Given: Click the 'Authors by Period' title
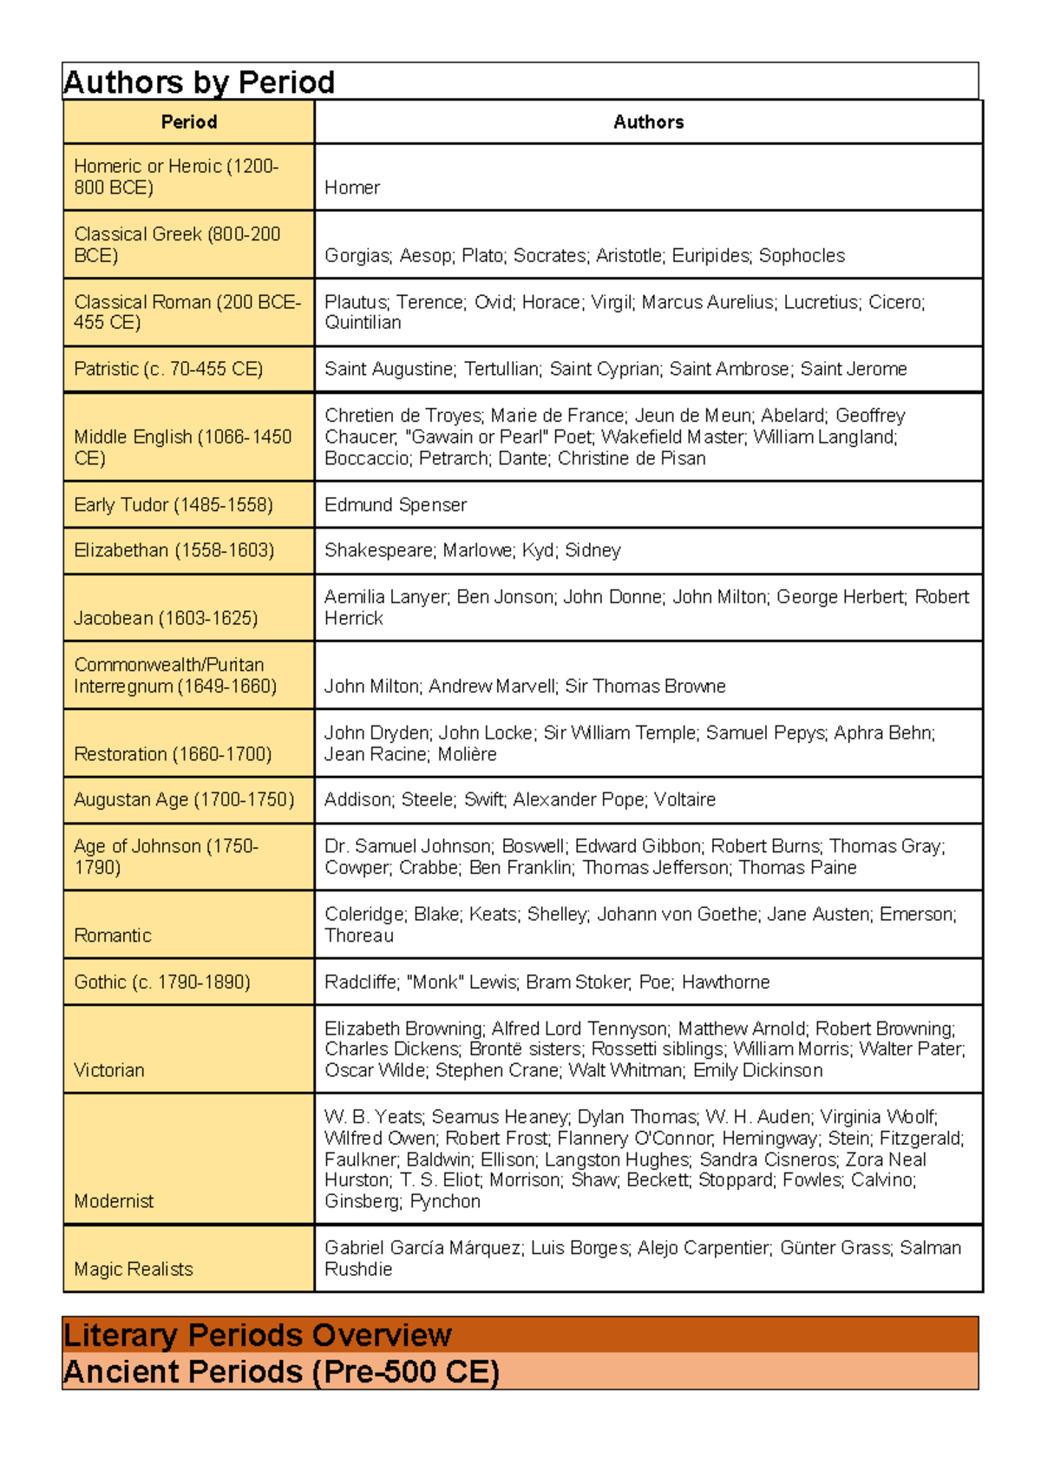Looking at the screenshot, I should [199, 82].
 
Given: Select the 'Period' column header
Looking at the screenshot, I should [188, 122].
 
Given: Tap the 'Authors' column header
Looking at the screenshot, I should [648, 122].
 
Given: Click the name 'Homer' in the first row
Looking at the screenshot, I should [352, 187].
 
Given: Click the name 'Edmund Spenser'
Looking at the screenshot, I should [396, 505].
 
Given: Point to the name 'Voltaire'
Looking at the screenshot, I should [684, 799].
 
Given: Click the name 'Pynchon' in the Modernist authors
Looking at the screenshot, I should [445, 1201].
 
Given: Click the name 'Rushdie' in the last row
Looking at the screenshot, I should [358, 1269].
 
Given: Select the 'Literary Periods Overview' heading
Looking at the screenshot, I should [258, 1335].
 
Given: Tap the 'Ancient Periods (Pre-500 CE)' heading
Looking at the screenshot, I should [281, 1372].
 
